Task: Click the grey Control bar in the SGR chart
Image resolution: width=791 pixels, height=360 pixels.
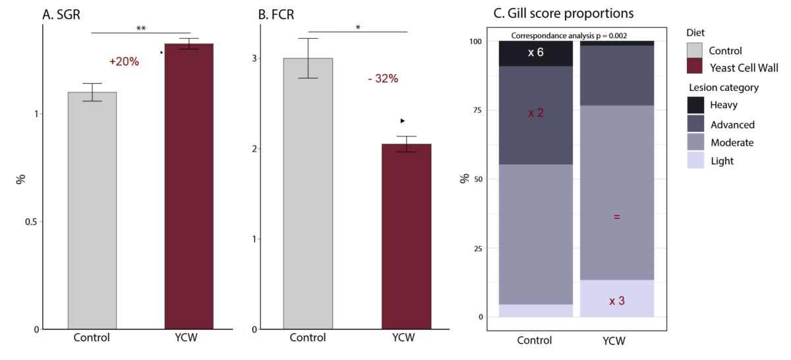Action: (x=92, y=211)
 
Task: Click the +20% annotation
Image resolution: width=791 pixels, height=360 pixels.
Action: (x=124, y=61)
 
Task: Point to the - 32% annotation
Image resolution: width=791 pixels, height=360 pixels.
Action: (x=383, y=78)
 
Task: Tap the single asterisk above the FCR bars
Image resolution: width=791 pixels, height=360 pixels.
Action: (x=357, y=28)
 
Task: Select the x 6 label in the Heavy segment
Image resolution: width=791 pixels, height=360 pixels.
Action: (x=535, y=53)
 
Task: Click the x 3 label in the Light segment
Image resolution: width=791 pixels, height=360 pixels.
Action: (x=616, y=301)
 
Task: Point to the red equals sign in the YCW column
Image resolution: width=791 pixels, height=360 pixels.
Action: (x=616, y=216)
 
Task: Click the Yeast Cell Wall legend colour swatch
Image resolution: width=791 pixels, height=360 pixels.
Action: (x=694, y=67)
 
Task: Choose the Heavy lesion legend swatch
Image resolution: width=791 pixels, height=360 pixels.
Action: (x=694, y=105)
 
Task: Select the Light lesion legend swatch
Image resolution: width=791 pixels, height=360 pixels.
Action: (x=694, y=160)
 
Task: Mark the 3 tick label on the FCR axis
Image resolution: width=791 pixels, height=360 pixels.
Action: (x=252, y=58)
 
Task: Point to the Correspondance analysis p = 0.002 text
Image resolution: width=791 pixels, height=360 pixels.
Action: (x=568, y=36)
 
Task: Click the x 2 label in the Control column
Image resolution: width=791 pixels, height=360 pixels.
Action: (x=535, y=113)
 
